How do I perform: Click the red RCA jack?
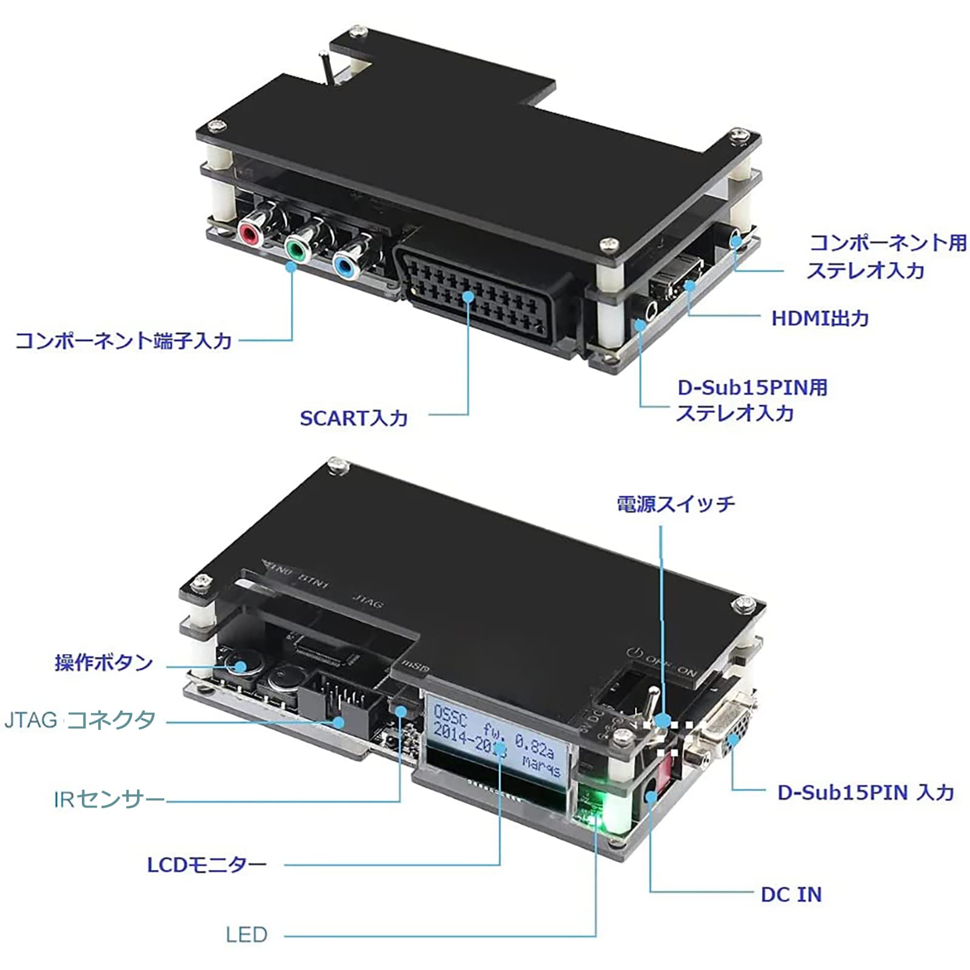click(250, 233)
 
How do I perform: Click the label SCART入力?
click(353, 418)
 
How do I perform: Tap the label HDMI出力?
click(820, 318)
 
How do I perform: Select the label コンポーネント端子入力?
click(124, 340)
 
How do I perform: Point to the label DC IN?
click(791, 894)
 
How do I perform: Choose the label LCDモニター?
click(207, 864)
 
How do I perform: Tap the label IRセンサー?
click(109, 800)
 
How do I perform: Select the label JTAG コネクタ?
click(80, 720)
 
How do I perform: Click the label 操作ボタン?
click(104, 662)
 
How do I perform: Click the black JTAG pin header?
click(339, 703)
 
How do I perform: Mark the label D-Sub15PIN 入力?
click(866, 792)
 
